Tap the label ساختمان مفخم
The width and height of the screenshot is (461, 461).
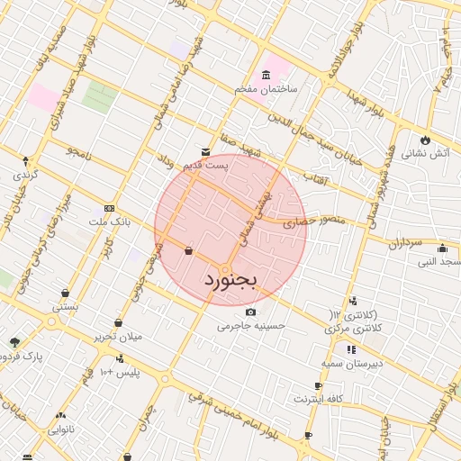point(272,90)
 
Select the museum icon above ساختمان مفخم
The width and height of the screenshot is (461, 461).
point(265,75)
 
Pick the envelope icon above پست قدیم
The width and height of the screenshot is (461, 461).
point(206,152)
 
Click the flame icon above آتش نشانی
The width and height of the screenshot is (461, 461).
point(426,140)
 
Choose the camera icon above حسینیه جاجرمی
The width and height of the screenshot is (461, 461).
point(250,312)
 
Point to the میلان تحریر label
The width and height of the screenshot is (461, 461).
point(119,337)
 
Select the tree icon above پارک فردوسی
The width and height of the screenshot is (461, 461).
point(14,341)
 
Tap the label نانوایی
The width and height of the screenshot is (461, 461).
point(60,430)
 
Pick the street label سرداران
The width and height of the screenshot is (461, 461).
point(405,244)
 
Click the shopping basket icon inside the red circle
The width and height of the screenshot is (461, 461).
point(187,251)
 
